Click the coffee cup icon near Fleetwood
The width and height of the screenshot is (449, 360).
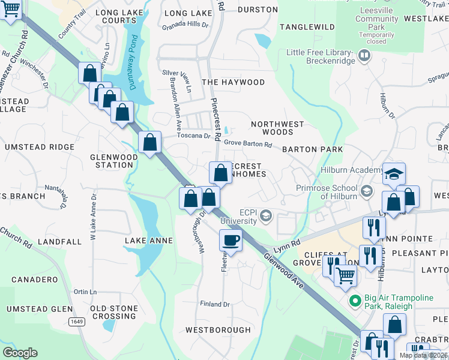coord(231,241)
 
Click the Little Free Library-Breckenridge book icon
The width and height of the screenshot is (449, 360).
coord(364,57)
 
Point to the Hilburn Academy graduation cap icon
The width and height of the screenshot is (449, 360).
coord(394,173)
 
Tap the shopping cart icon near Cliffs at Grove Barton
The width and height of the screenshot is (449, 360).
coord(345,275)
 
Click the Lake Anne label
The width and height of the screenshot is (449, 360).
coord(148,241)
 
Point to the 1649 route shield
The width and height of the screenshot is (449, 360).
coord(76,322)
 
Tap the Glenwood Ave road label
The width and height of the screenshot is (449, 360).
coord(282,267)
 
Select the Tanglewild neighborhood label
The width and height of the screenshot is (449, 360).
coord(307,27)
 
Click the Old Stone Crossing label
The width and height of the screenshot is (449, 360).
coord(113,313)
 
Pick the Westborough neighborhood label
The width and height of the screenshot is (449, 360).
coord(218,330)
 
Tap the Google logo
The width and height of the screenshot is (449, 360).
coord(20,352)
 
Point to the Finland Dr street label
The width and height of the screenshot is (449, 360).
coord(214,304)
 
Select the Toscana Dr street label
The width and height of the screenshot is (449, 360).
coord(198,136)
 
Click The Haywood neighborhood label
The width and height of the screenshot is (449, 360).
coord(233,82)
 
